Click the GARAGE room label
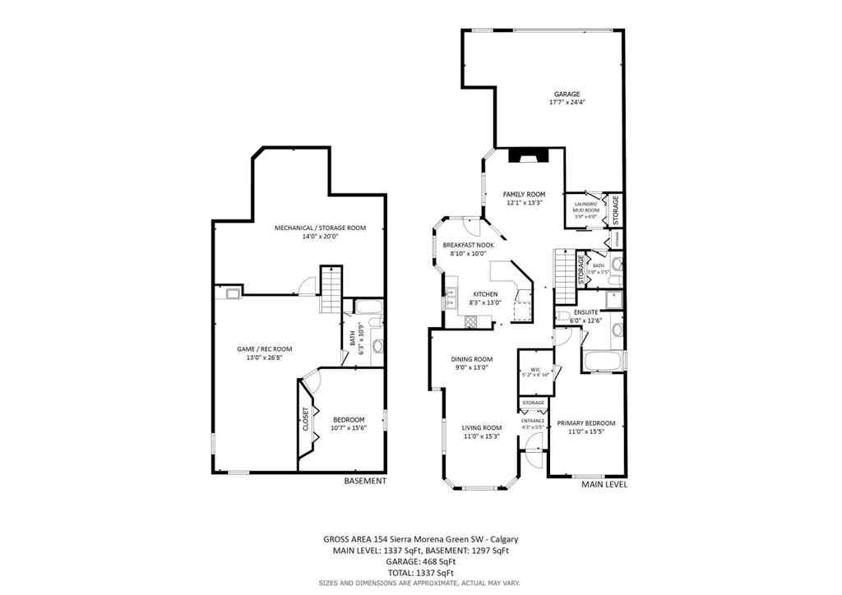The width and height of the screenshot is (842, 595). coord(567,95)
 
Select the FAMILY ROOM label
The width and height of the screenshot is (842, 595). coord(524,195)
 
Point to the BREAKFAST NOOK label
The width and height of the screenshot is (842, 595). coord(469,246)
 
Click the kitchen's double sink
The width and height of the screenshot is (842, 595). coord(451,297)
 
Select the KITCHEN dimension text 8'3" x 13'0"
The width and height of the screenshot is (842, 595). coord(484,302)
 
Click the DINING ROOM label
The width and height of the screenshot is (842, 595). coord(471,359)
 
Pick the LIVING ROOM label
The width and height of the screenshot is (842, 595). coord(481,427)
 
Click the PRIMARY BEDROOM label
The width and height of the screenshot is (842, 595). coord(585,423)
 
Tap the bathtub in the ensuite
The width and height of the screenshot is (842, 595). coord(601,359)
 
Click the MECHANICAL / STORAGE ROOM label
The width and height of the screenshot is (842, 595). coord(320,228)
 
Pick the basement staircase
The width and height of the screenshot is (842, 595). coord(331,289)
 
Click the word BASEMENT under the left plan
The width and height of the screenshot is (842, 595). coord(364,481)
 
